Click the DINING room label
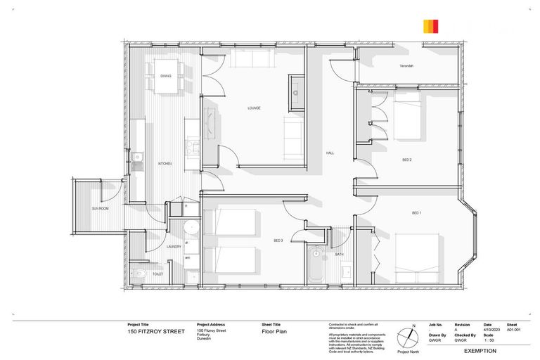click(166, 75)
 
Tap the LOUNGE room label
click(254, 108)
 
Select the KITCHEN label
click(165, 163)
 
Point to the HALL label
click(330, 153)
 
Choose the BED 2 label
click(406, 160)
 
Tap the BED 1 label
click(416, 212)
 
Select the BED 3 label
click(278, 241)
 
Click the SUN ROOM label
click(100, 209)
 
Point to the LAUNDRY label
click(174, 246)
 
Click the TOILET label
click(157, 274)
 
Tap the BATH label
click(339, 254)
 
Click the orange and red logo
click(431, 27)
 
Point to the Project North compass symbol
click(408, 337)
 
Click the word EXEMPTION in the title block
click(480, 350)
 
